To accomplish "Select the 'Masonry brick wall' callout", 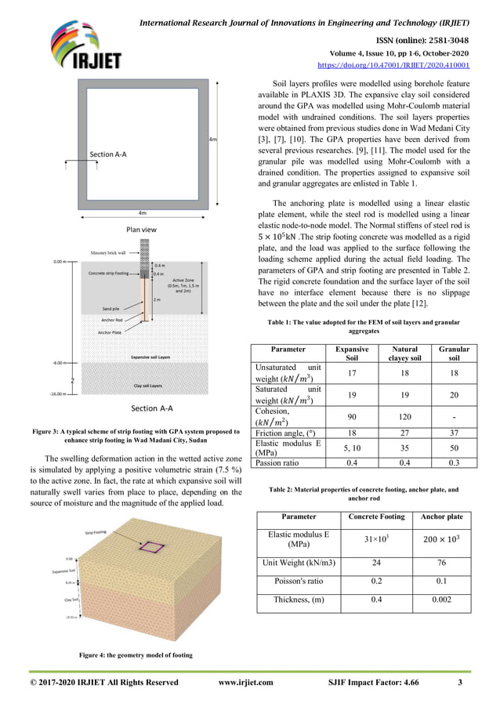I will [x=109, y=253].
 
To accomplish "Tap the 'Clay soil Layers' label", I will [x=147, y=386].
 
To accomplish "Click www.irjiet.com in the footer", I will [x=245, y=682].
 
